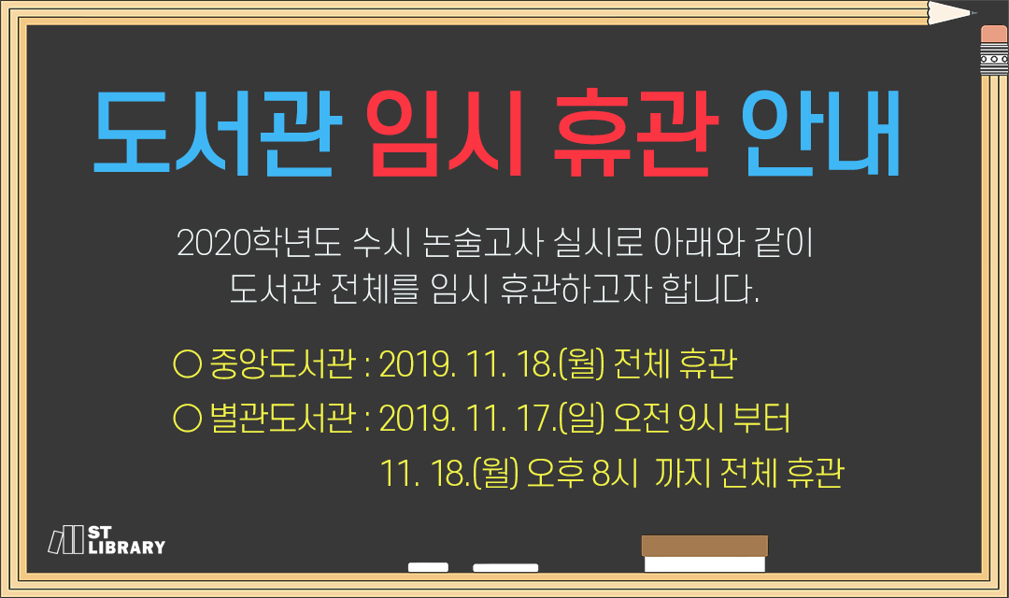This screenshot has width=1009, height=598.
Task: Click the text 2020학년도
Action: (259, 243)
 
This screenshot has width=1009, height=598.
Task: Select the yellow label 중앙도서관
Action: (282, 364)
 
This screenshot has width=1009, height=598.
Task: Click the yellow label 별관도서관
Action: (282, 419)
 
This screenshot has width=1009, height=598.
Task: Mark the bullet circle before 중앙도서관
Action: (187, 364)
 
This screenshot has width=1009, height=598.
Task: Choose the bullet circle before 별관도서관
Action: (187, 419)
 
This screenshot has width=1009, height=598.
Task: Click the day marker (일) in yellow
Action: (582, 419)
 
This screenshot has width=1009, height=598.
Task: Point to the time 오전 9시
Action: (669, 419)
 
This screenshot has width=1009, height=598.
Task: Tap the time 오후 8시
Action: (582, 474)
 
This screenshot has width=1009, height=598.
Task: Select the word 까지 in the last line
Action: (683, 474)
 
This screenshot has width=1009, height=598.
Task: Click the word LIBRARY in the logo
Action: (127, 548)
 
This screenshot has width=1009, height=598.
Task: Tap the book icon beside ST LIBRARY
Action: (66, 539)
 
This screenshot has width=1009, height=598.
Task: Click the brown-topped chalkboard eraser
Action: (704, 553)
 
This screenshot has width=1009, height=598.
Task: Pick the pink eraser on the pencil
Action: (994, 35)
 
